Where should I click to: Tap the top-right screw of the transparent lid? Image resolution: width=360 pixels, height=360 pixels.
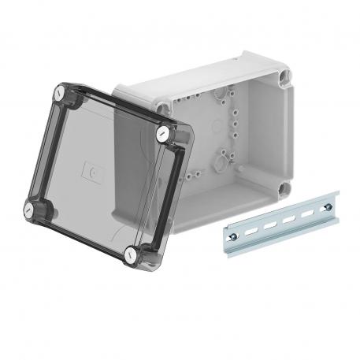163,133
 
